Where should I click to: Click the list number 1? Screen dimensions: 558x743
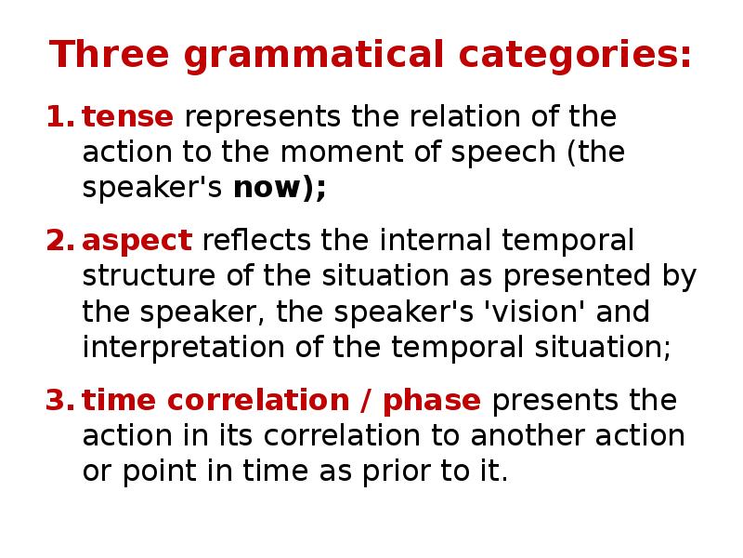(x=59, y=118)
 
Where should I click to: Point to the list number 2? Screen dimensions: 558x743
(x=59, y=241)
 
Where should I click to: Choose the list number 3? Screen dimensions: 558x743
(x=59, y=401)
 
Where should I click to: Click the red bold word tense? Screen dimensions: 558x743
(x=127, y=118)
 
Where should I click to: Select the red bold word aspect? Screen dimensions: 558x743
(x=137, y=242)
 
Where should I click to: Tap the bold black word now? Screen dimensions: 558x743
(x=273, y=189)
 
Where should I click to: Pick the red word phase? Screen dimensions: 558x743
(x=432, y=401)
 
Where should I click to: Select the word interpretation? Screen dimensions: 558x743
(x=176, y=348)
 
